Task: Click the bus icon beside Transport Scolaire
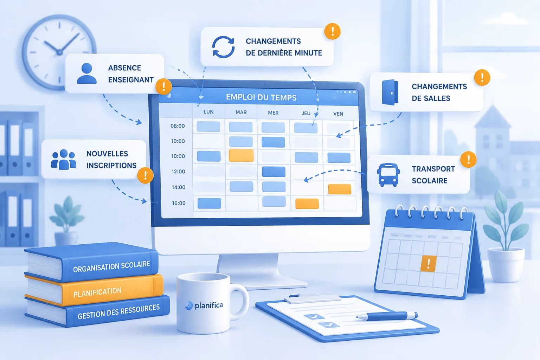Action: pyautogui.click(x=388, y=175)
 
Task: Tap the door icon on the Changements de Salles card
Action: pyautogui.click(x=390, y=92)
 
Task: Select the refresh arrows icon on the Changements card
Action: pyautogui.click(x=223, y=47)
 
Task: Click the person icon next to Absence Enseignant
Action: pyautogui.click(x=87, y=73)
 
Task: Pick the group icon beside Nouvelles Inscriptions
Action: pyautogui.click(x=64, y=159)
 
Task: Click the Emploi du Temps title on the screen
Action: pyautogui.click(x=261, y=97)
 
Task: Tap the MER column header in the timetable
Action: pyautogui.click(x=273, y=112)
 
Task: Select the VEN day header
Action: pyautogui.click(x=338, y=114)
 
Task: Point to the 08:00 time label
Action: pyautogui.click(x=178, y=126)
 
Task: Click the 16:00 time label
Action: pyautogui.click(x=179, y=203)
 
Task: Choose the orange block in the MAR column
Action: pyautogui.click(x=241, y=155)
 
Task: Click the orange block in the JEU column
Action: pyautogui.click(x=307, y=204)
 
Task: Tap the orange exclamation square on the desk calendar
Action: pyautogui.click(x=429, y=263)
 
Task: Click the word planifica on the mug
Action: pyautogui.click(x=209, y=306)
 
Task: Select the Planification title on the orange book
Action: pyautogui.click(x=97, y=292)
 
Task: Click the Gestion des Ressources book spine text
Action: pyautogui.click(x=118, y=311)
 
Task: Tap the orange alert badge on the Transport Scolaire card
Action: pyautogui.click(x=468, y=159)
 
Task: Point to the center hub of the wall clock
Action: pyautogui.click(x=59, y=52)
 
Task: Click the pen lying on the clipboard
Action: pyautogui.click(x=387, y=316)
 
